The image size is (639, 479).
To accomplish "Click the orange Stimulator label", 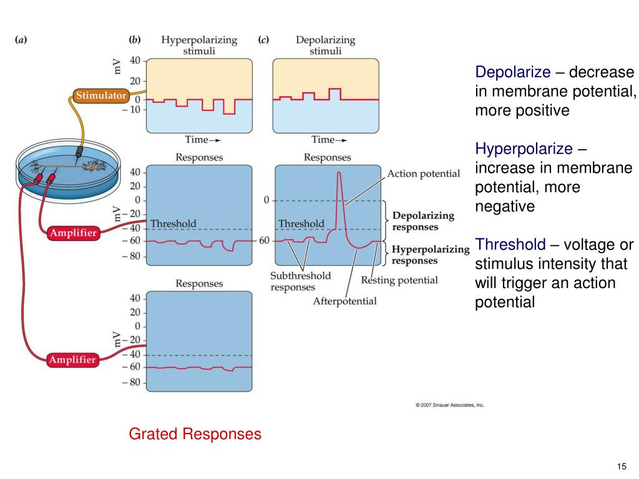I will (x=101, y=96).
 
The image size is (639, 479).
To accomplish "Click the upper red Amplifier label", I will (x=72, y=233).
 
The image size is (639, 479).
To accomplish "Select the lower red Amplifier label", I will (x=72, y=360).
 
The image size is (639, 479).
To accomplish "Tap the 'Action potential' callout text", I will (x=423, y=173).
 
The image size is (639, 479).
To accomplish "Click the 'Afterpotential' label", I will (x=344, y=301).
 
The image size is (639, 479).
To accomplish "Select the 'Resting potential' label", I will (x=399, y=280).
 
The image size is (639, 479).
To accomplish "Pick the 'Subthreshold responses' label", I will (x=300, y=281).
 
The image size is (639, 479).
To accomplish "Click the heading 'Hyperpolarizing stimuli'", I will (x=199, y=46).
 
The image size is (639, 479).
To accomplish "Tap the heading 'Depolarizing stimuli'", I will (x=325, y=46).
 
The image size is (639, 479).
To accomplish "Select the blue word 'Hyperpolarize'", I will (x=524, y=149).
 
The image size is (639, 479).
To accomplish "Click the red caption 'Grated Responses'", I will (x=195, y=433).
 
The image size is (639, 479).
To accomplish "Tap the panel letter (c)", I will (x=263, y=39).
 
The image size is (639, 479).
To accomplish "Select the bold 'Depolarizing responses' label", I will (x=423, y=221).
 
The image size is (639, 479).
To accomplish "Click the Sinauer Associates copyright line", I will (x=449, y=405).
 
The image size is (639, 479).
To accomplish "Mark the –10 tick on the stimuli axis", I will (x=135, y=110).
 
